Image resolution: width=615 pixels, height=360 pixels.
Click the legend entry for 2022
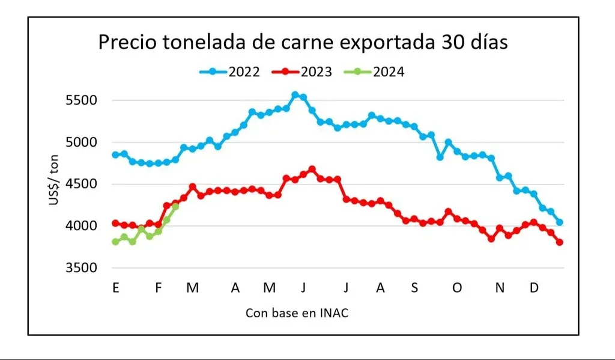tap(230, 72)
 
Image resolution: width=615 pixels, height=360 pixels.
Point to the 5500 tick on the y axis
tap(81, 100)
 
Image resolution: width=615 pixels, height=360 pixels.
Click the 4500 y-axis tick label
tap(81, 184)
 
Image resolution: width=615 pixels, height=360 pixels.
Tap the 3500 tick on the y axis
tap(81, 268)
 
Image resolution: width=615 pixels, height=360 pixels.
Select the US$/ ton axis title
tap(55, 183)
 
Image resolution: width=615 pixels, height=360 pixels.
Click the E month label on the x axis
tap(115, 288)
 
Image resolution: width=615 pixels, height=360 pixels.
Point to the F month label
tap(159, 288)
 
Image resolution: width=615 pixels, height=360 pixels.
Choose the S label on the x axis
tap(414, 288)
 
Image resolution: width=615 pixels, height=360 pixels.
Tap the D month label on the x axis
tap(533, 288)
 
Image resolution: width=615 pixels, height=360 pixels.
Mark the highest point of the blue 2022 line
tap(295, 95)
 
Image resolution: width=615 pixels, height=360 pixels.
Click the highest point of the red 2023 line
tap(312, 169)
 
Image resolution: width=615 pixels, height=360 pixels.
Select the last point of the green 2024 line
tap(175, 206)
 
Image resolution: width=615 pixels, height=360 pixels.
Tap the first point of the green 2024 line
tap(115, 242)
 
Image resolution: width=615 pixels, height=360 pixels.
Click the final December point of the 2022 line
tap(560, 222)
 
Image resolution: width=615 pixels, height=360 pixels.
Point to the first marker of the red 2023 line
tap(115, 223)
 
